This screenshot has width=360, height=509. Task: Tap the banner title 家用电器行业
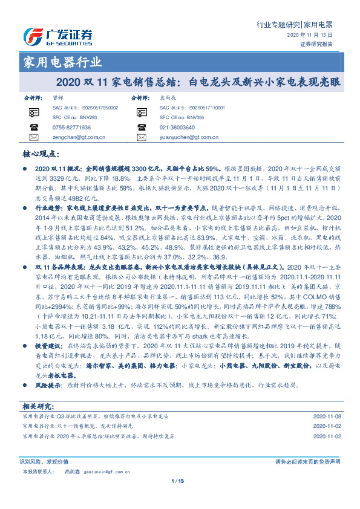[x=62, y=62]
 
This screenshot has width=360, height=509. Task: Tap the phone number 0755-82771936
[x=71, y=128]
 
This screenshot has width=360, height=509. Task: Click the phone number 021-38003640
[x=177, y=128]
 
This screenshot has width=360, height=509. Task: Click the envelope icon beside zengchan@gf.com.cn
[x=33, y=138]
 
